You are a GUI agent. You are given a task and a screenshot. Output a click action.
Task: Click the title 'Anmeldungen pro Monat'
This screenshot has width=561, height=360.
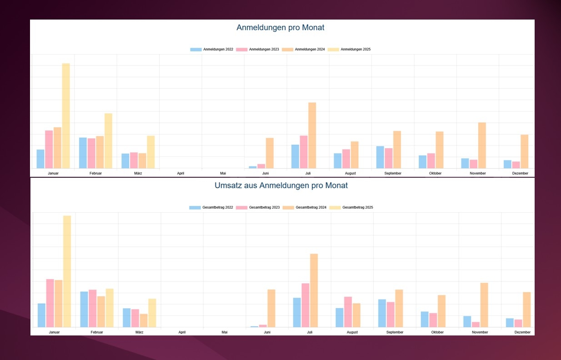(280, 28)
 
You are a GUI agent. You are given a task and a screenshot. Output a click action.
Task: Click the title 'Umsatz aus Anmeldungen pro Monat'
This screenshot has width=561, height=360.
(281, 185)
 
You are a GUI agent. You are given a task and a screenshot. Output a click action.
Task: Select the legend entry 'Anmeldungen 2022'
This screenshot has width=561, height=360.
(212, 49)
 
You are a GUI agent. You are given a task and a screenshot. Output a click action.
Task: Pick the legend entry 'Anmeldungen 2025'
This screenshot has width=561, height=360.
(349, 49)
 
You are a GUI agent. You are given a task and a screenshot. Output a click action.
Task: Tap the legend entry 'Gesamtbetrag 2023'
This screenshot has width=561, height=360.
(258, 207)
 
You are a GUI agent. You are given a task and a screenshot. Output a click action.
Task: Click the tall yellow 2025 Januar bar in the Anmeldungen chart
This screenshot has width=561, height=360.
(66, 116)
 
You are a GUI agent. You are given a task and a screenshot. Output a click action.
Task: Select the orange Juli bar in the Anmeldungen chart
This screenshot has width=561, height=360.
(312, 135)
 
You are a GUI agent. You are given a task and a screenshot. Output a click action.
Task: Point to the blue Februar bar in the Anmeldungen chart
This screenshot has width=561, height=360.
(83, 153)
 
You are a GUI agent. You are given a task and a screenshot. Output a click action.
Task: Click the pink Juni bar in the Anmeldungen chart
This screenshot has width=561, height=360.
(261, 166)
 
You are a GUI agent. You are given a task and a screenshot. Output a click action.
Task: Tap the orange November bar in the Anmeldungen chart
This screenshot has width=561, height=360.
(482, 145)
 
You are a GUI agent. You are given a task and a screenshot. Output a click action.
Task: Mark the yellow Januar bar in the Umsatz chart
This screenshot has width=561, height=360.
(67, 271)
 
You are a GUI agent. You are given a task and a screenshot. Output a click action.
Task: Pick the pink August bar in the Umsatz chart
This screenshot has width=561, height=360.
(348, 312)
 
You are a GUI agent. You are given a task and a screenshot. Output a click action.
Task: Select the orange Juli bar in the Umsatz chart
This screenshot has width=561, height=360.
(314, 290)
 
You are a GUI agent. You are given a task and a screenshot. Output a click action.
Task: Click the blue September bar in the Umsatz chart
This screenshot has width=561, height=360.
(382, 313)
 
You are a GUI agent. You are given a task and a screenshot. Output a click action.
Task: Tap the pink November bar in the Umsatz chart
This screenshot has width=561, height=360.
(476, 324)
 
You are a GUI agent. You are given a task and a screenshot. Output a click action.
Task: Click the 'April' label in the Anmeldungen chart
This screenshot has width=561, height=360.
(180, 173)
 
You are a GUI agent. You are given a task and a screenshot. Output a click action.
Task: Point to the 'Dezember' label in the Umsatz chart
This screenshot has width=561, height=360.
(523, 332)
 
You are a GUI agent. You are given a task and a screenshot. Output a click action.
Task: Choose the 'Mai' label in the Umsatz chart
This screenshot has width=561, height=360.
(225, 332)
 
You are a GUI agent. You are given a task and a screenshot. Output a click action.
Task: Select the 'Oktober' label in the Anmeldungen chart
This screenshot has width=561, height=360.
(435, 173)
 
